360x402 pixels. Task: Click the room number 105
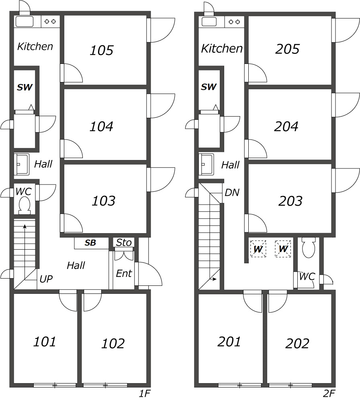[x=101, y=50]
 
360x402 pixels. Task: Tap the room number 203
[x=290, y=201]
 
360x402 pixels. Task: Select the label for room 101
[x=45, y=341]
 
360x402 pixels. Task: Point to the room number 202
[x=297, y=343]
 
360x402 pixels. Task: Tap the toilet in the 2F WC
[x=308, y=247]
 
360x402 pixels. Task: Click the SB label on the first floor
[x=90, y=242]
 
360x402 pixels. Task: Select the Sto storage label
[x=124, y=242]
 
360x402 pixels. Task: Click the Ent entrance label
[x=124, y=273]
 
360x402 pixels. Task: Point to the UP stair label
[x=46, y=279]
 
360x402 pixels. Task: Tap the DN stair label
[x=232, y=192]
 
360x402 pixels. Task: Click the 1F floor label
[x=145, y=393]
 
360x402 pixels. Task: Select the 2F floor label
[x=329, y=393]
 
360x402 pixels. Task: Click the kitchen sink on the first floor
[x=25, y=22]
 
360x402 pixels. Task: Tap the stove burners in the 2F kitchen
[x=234, y=22]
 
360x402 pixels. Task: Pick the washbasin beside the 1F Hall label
[x=22, y=164]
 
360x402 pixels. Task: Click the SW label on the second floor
[x=209, y=87]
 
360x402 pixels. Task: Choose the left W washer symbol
[x=258, y=248]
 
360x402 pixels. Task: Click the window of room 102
[x=105, y=385]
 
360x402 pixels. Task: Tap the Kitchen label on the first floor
[x=35, y=46]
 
